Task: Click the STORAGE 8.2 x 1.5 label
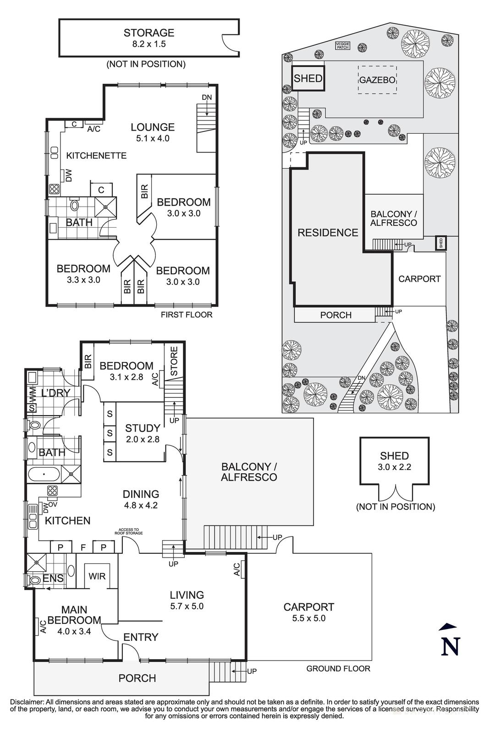[x=149, y=38]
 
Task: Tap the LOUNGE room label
[x=153, y=132]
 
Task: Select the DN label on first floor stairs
[x=207, y=98]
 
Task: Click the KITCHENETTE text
[x=96, y=156]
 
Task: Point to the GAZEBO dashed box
[x=377, y=80]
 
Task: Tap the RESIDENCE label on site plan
[x=328, y=233]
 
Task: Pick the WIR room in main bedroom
[x=97, y=576]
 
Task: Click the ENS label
[x=53, y=579]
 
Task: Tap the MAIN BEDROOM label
[x=74, y=615]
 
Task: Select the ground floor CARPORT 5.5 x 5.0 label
[x=308, y=612]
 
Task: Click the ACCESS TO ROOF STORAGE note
[x=129, y=531]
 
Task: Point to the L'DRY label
[x=55, y=393]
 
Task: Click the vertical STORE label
[x=174, y=361]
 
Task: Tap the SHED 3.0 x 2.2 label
[x=394, y=461]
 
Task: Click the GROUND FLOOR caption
[x=338, y=668]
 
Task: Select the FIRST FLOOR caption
[x=187, y=315]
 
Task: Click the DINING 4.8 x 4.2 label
[x=141, y=499]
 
